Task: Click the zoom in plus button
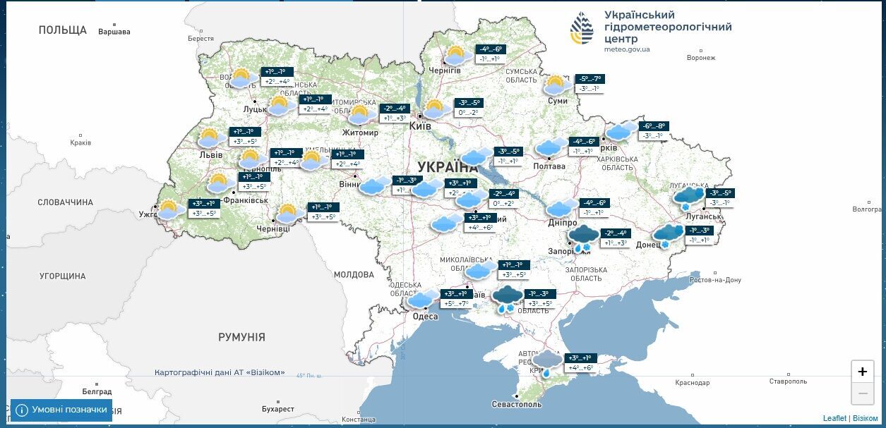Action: click(862, 372)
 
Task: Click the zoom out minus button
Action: click(862, 393)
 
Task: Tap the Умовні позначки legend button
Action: click(61, 410)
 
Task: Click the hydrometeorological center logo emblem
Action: click(582, 28)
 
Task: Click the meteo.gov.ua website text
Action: click(627, 49)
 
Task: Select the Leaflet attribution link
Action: click(834, 418)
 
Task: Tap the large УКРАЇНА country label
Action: click(447, 167)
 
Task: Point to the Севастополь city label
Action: click(517, 404)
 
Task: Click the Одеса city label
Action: click(425, 316)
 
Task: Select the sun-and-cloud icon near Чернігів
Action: click(456, 55)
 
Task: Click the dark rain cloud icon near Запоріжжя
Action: click(584, 238)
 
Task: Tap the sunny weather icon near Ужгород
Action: click(169, 209)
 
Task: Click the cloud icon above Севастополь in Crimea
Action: click(547, 361)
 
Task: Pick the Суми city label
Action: click(558, 101)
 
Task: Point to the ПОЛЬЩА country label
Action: click(62, 30)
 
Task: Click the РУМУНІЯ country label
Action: click(241, 337)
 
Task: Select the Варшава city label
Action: click(114, 32)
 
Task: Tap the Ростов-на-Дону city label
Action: click(715, 280)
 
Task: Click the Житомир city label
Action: click(360, 133)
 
